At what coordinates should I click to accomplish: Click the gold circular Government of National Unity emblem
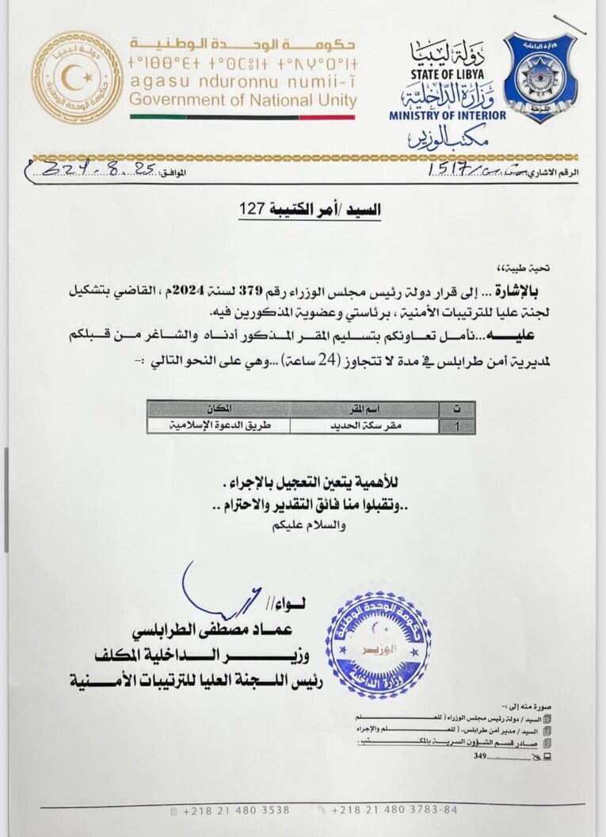(77, 77)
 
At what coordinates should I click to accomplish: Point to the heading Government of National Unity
(242, 101)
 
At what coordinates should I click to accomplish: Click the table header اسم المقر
(364, 409)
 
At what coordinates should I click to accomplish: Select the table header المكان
(218, 409)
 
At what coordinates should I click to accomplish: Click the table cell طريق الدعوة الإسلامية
(219, 425)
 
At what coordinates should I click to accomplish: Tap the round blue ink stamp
(379, 645)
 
